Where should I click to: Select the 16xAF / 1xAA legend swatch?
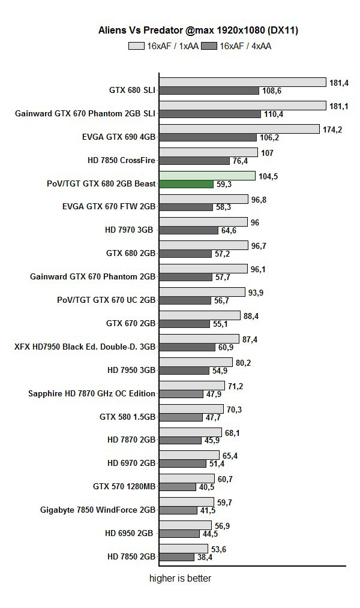pos(136,46)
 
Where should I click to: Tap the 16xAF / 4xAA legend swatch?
pos(209,46)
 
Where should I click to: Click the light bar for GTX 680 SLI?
pos(242,82)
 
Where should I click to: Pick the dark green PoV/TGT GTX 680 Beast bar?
pos(186,184)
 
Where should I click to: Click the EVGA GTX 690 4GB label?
pos(118,137)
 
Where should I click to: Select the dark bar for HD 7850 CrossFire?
pos(194,161)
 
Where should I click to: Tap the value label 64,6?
pos(230,230)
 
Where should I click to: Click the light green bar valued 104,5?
pos(207,176)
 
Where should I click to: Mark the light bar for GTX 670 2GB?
pos(199,315)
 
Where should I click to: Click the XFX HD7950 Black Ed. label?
pos(85,347)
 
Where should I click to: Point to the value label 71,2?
pos(235,386)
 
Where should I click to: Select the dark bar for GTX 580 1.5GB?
pos(181,417)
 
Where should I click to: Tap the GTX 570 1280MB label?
pos(124,486)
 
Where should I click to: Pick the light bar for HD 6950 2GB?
pos(185,525)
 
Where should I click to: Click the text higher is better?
pos(180,579)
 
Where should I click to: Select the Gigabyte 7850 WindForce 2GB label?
pos(98,510)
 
